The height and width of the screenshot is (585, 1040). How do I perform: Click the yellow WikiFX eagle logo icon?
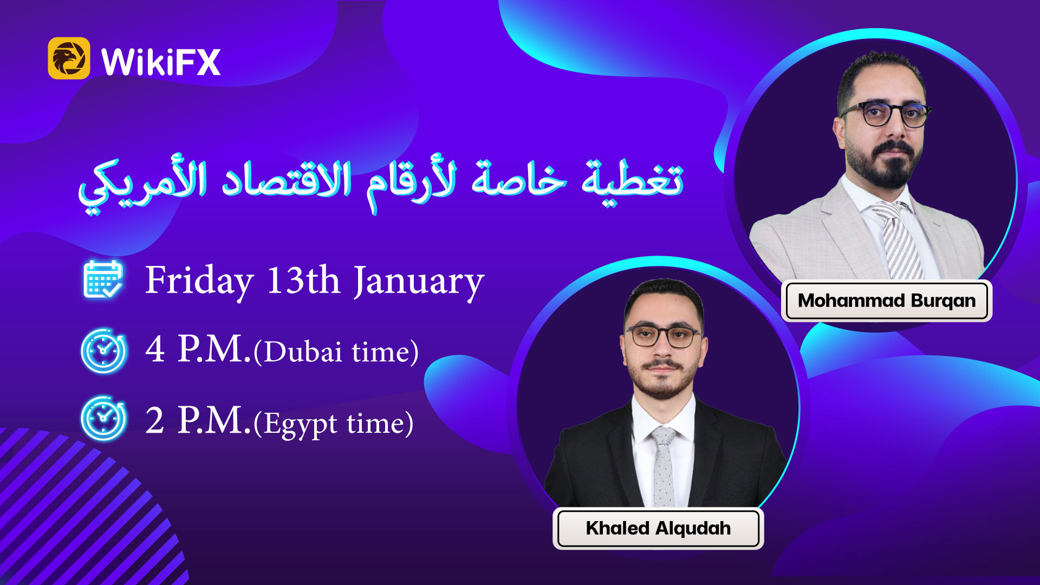click(69, 58)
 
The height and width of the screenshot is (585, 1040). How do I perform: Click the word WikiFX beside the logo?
click(161, 62)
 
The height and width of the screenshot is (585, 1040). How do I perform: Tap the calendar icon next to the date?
click(103, 279)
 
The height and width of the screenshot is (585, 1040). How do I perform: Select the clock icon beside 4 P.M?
click(103, 350)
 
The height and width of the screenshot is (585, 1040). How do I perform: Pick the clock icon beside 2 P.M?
click(103, 418)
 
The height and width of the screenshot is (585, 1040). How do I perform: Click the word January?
click(419, 282)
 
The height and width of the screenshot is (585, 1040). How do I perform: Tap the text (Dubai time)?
click(336, 352)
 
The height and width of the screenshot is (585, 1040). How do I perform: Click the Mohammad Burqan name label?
click(887, 301)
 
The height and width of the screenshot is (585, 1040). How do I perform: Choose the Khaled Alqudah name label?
click(658, 528)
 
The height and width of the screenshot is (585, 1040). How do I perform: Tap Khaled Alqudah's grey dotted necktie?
click(664, 466)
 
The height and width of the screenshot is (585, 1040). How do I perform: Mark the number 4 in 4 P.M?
click(155, 349)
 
